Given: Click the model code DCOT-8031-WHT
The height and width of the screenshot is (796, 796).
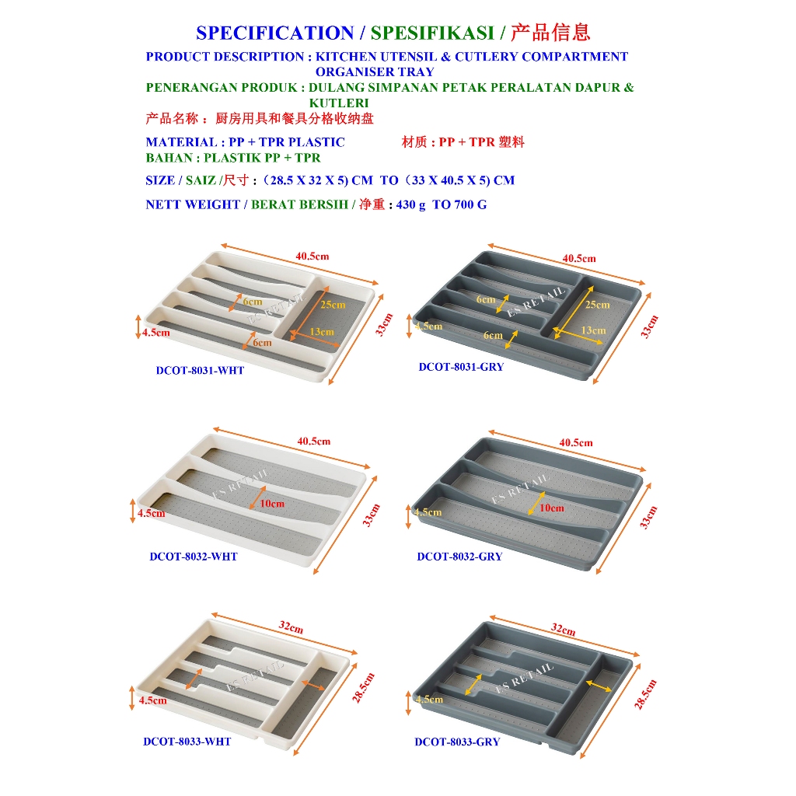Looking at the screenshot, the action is [200, 371].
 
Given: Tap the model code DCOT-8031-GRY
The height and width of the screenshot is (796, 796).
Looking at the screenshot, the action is [461, 367].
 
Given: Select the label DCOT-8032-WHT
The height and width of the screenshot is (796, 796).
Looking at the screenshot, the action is [194, 557].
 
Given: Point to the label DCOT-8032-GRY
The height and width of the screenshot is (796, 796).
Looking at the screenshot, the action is [459, 557].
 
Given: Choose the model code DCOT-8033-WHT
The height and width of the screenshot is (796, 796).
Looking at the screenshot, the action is [187, 742].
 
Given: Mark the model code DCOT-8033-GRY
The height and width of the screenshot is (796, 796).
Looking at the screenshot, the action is [457, 742].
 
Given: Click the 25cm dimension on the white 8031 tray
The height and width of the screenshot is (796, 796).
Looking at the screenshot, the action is [333, 305].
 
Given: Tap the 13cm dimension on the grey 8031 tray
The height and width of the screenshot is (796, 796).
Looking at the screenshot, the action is [593, 330].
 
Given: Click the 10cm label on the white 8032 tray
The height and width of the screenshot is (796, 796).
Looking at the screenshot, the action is [272, 504].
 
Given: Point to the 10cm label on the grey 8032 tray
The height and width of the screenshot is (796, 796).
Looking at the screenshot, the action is [552, 508].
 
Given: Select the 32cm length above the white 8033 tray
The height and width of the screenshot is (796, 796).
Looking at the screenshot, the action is [291, 627].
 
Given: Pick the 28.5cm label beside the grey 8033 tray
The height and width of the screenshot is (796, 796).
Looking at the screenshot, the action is [645, 694].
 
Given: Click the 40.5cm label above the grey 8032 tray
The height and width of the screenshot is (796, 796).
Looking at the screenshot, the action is [576, 442].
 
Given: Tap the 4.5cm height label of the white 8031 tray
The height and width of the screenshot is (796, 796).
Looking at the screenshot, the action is [155, 333].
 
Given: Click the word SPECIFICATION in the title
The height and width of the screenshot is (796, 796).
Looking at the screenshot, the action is [275, 33].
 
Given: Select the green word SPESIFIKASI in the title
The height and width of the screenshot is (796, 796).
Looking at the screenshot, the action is [432, 33].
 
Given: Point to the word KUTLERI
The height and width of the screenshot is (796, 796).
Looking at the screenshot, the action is [339, 103].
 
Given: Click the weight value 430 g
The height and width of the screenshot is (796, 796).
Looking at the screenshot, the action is [410, 204].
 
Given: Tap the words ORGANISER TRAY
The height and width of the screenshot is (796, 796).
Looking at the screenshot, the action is [375, 72].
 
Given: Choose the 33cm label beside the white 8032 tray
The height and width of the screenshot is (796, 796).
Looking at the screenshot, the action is [371, 515].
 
